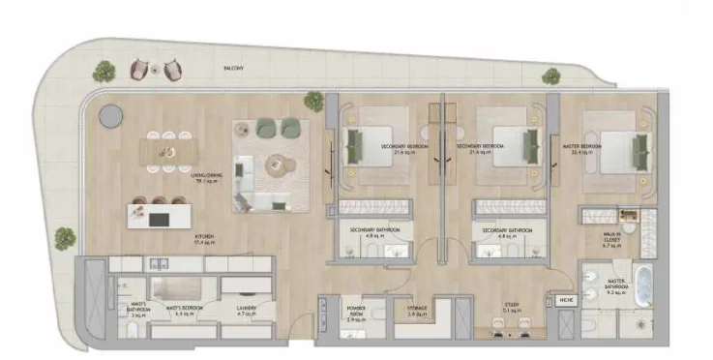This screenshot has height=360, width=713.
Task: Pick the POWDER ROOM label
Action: [x=356, y=312]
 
